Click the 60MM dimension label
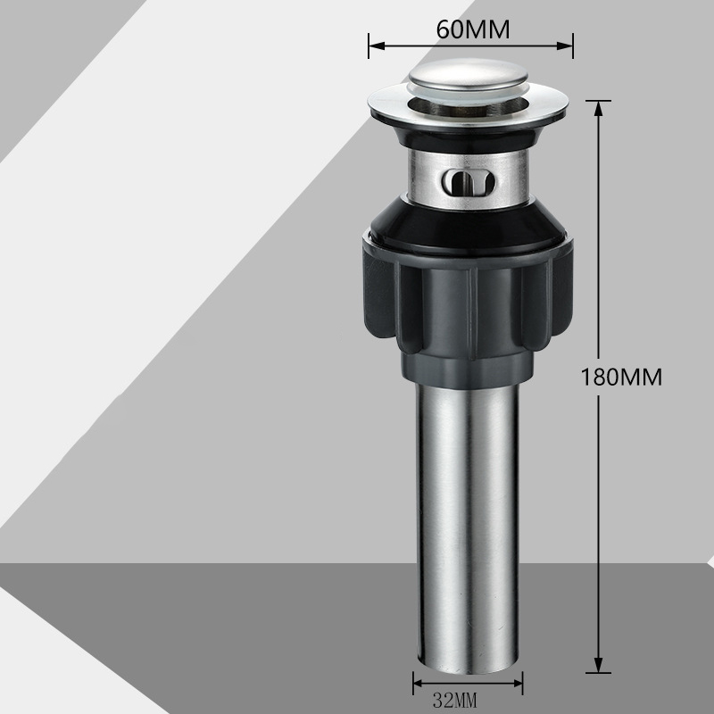click(x=473, y=29)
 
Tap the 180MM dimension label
click(x=621, y=377)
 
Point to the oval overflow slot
click(x=468, y=183)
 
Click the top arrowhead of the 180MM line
click(x=598, y=107)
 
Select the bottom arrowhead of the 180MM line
click(x=598, y=665)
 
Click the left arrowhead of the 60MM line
click(x=377, y=46)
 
